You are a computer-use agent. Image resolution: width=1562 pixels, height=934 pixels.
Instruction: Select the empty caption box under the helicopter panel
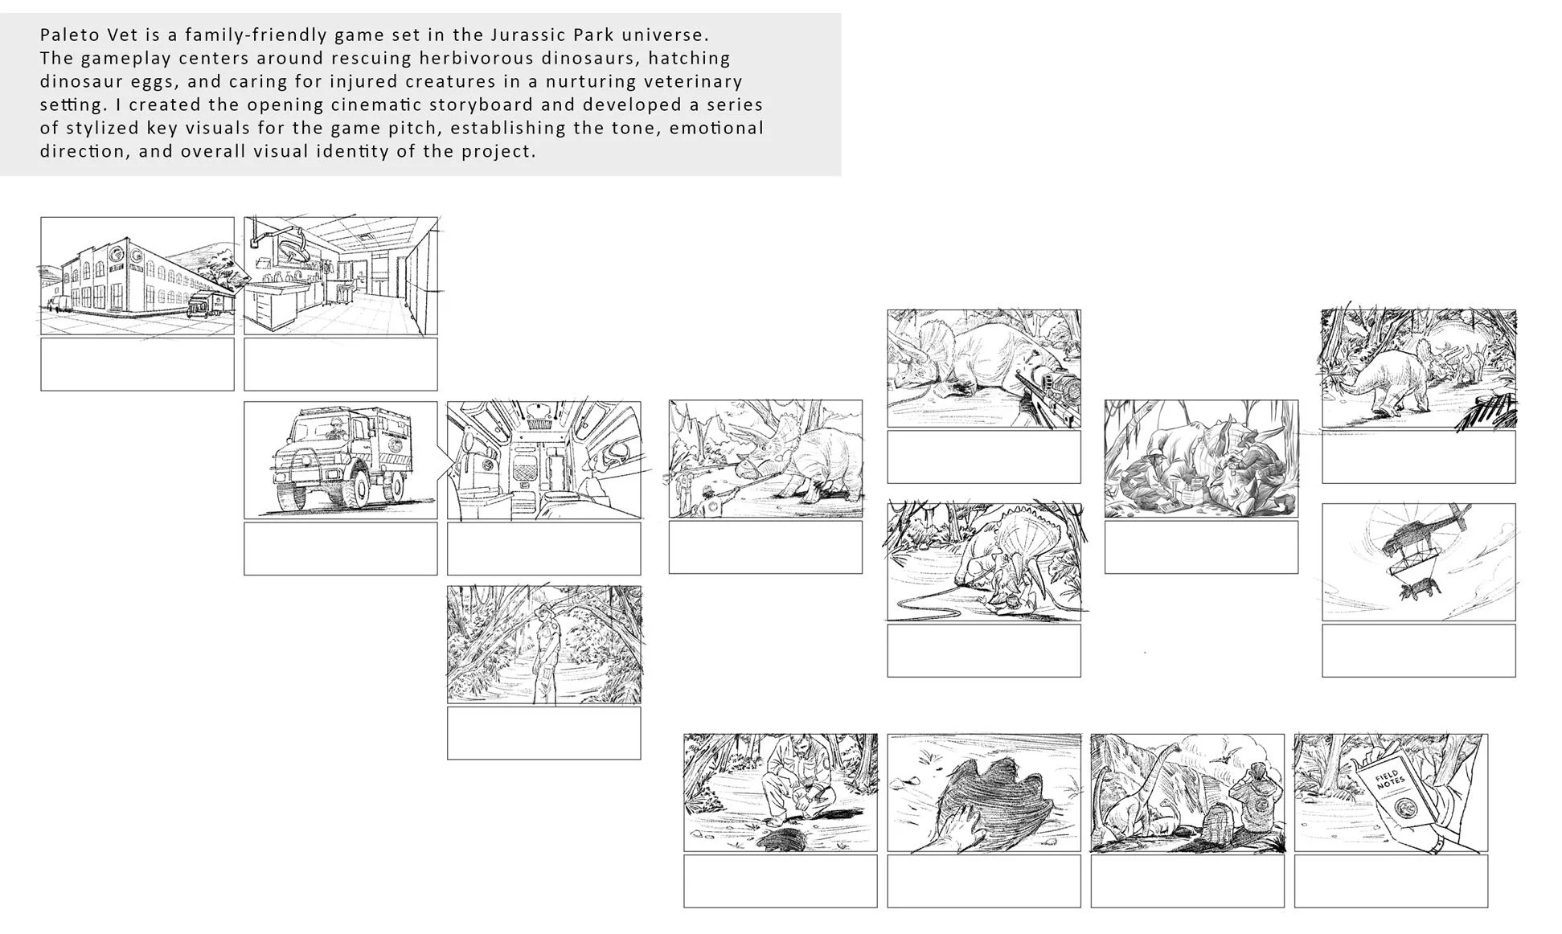(1419, 651)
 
